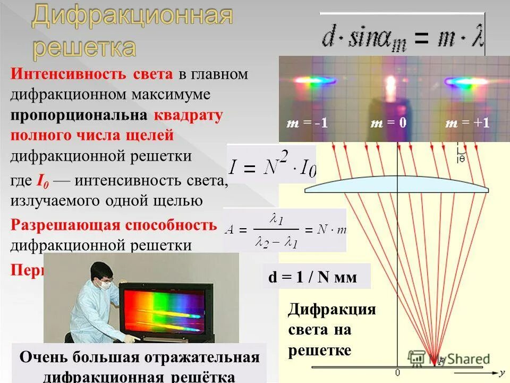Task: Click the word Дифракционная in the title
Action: (x=132, y=18)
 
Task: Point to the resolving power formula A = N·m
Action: (x=285, y=230)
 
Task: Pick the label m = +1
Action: (x=467, y=123)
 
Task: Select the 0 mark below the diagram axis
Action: (x=397, y=372)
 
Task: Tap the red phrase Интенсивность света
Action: (x=91, y=74)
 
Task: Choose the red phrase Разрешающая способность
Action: (x=114, y=224)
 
